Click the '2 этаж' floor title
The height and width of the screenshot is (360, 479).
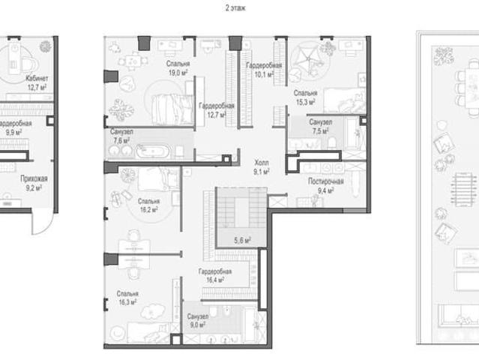coord(235,8)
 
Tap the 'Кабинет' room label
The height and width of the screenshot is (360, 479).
coord(37,78)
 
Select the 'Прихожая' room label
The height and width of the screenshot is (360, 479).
coord(34,178)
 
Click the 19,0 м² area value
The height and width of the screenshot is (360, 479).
coord(178,73)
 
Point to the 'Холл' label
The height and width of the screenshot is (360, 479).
coord(262,162)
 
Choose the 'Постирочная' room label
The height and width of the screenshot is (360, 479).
coord(326,181)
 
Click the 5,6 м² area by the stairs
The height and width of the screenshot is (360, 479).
coord(243,241)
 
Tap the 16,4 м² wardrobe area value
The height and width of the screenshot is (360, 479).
coord(215,280)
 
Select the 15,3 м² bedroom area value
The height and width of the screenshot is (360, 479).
coord(306,102)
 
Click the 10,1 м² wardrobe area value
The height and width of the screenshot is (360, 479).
coord(264,74)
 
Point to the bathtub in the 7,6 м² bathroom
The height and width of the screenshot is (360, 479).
coord(153,151)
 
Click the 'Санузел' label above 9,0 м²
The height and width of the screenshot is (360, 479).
coord(198,316)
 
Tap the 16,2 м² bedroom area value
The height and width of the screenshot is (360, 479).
coord(148,210)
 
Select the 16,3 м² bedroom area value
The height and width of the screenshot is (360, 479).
coord(127,302)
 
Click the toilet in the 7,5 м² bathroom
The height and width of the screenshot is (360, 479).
coord(331,142)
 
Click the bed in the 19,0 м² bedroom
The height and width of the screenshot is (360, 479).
coord(172,109)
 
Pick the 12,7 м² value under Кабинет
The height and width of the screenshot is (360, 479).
coord(37,88)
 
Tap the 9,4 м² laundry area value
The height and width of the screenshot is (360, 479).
coord(325,191)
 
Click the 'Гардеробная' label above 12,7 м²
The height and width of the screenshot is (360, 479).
coord(217,106)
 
